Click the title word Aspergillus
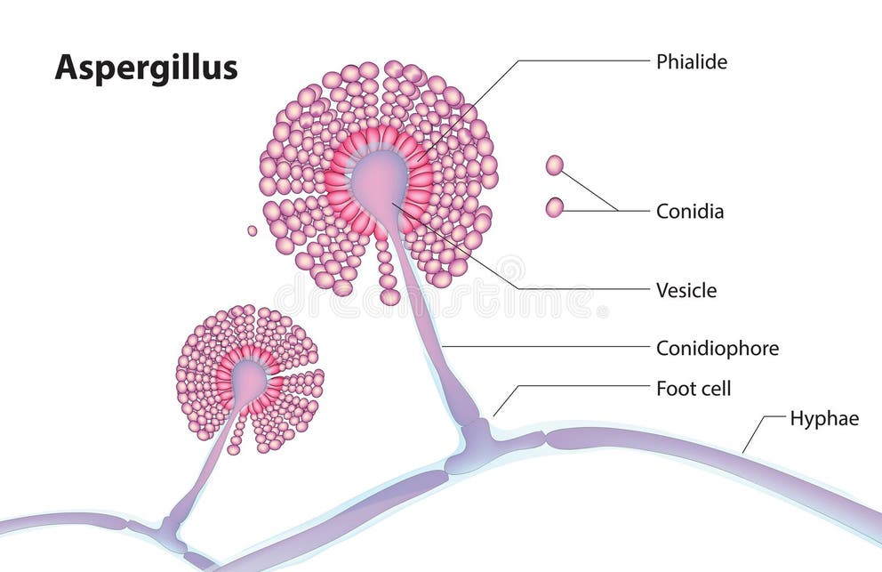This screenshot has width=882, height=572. pos(146,67)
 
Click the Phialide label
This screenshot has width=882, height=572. pos(691,61)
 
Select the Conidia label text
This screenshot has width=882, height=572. pos(689,212)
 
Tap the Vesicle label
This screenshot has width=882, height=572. pos(686,290)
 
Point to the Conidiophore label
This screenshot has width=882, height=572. pos(717,348)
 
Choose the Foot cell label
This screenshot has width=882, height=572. pos(693,388)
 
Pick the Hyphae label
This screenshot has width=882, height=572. pos(824,418)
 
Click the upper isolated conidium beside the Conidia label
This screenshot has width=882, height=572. pos(554,165)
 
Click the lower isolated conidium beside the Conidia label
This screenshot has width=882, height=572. pos(554,207)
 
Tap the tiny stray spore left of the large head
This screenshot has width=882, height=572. pos(252,230)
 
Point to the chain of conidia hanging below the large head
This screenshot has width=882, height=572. pos(387,271)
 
